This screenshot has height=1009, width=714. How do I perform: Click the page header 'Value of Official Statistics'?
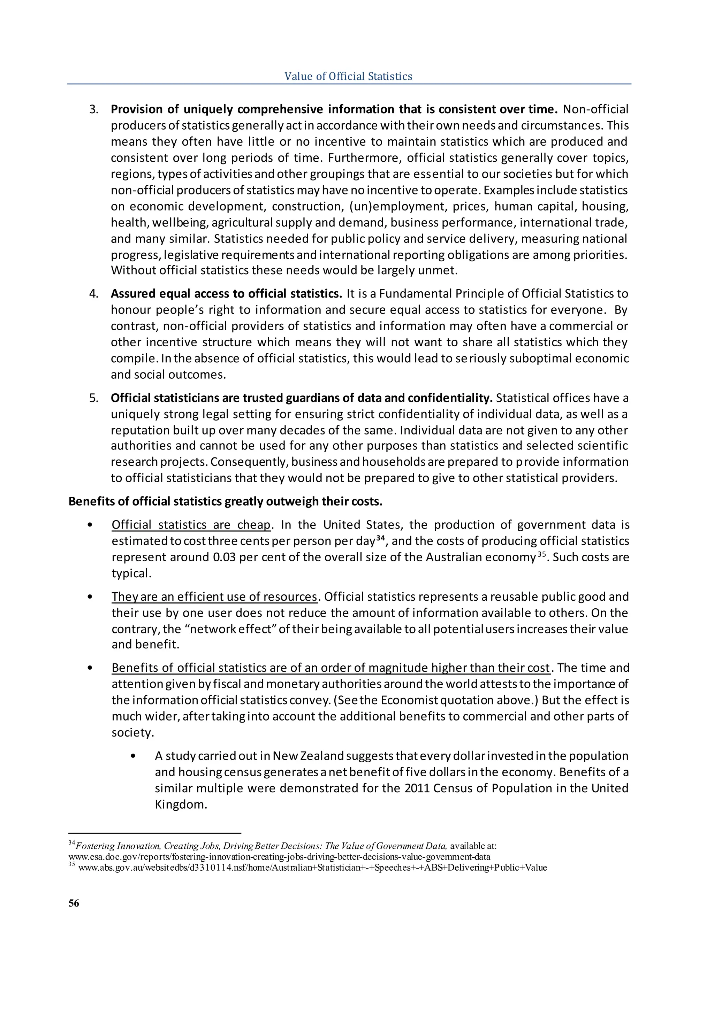[348, 76]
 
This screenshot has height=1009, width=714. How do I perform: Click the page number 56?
[74, 903]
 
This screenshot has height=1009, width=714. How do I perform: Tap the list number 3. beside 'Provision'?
[94, 109]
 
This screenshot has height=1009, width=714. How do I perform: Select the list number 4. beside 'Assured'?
[94, 294]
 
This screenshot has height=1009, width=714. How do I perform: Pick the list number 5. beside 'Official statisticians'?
[94, 398]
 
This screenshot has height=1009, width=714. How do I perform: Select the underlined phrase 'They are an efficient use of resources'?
[214, 597]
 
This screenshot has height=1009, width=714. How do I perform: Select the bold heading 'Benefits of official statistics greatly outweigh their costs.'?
[226, 501]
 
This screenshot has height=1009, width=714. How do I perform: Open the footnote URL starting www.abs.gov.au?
[312, 868]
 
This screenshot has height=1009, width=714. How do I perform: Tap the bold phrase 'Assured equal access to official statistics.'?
[226, 294]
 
